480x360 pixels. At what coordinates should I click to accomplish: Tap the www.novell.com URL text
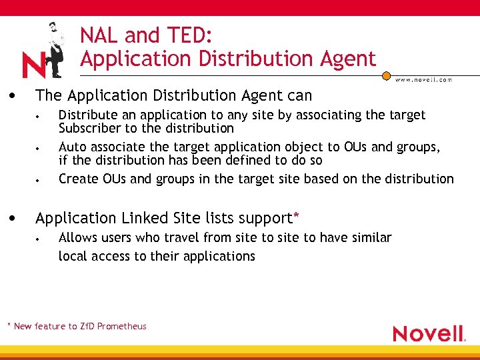click(424, 79)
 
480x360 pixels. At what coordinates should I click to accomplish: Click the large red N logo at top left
click(33, 65)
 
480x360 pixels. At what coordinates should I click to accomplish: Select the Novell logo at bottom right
click(428, 333)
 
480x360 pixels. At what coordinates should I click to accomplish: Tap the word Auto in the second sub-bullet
click(72, 147)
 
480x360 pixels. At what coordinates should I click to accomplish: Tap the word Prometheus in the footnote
click(122, 326)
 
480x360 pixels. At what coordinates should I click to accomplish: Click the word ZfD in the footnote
click(87, 326)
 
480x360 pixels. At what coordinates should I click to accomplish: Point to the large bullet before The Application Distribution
click(13, 95)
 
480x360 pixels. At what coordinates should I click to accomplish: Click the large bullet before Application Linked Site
click(13, 217)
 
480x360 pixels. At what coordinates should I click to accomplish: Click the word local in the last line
click(72, 256)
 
